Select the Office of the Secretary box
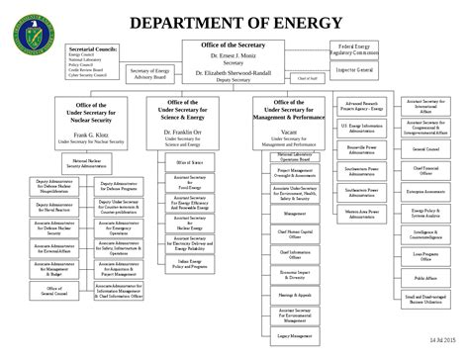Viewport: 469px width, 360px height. tap(233, 62)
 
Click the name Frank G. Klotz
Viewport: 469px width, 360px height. tap(90, 135)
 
